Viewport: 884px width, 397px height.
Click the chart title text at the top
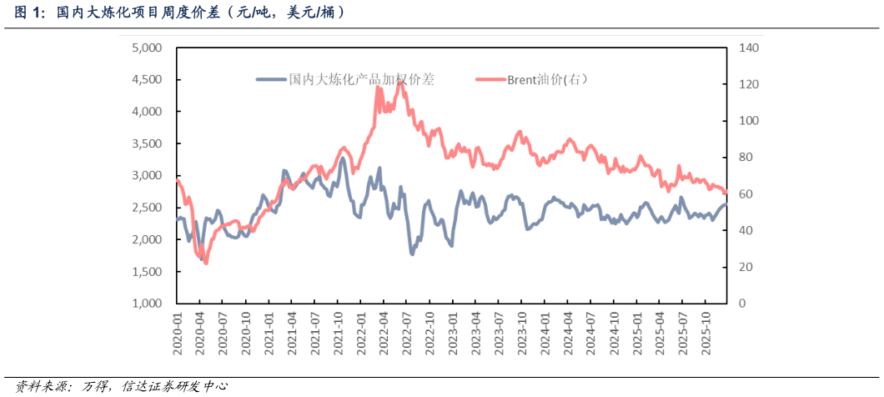click(179, 13)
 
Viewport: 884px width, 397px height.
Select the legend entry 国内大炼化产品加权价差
click(360, 79)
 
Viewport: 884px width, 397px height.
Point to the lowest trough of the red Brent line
click(205, 263)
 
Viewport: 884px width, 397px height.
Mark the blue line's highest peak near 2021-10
click(342, 158)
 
